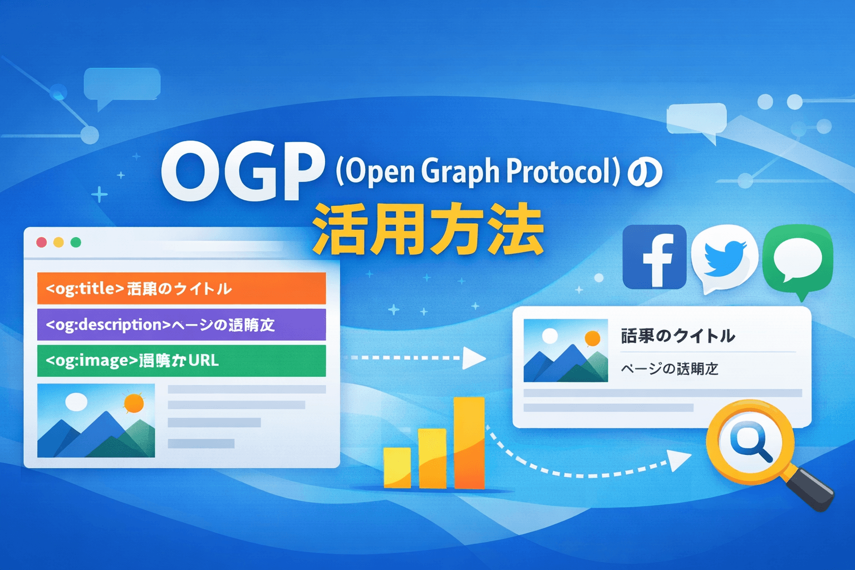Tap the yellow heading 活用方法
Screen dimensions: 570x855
pyautogui.click(x=427, y=230)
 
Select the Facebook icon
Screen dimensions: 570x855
pyautogui.click(x=655, y=257)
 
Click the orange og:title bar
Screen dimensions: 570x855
pyautogui.click(x=181, y=288)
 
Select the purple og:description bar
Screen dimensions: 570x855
pyautogui.click(x=181, y=325)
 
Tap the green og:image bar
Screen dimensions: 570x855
pyautogui.click(x=181, y=361)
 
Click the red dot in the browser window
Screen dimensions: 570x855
pyautogui.click(x=41, y=242)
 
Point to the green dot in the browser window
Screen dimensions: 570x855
pyautogui.click(x=76, y=242)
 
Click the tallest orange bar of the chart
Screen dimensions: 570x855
pyautogui.click(x=469, y=443)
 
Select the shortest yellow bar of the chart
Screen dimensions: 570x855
pyautogui.click(x=397, y=468)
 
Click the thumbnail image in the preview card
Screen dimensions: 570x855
pyautogui.click(x=566, y=351)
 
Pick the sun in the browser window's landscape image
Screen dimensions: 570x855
pyautogui.click(x=134, y=403)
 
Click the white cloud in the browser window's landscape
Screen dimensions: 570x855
pyautogui.click(x=76, y=401)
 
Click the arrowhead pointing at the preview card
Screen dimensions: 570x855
pyautogui.click(x=474, y=358)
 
